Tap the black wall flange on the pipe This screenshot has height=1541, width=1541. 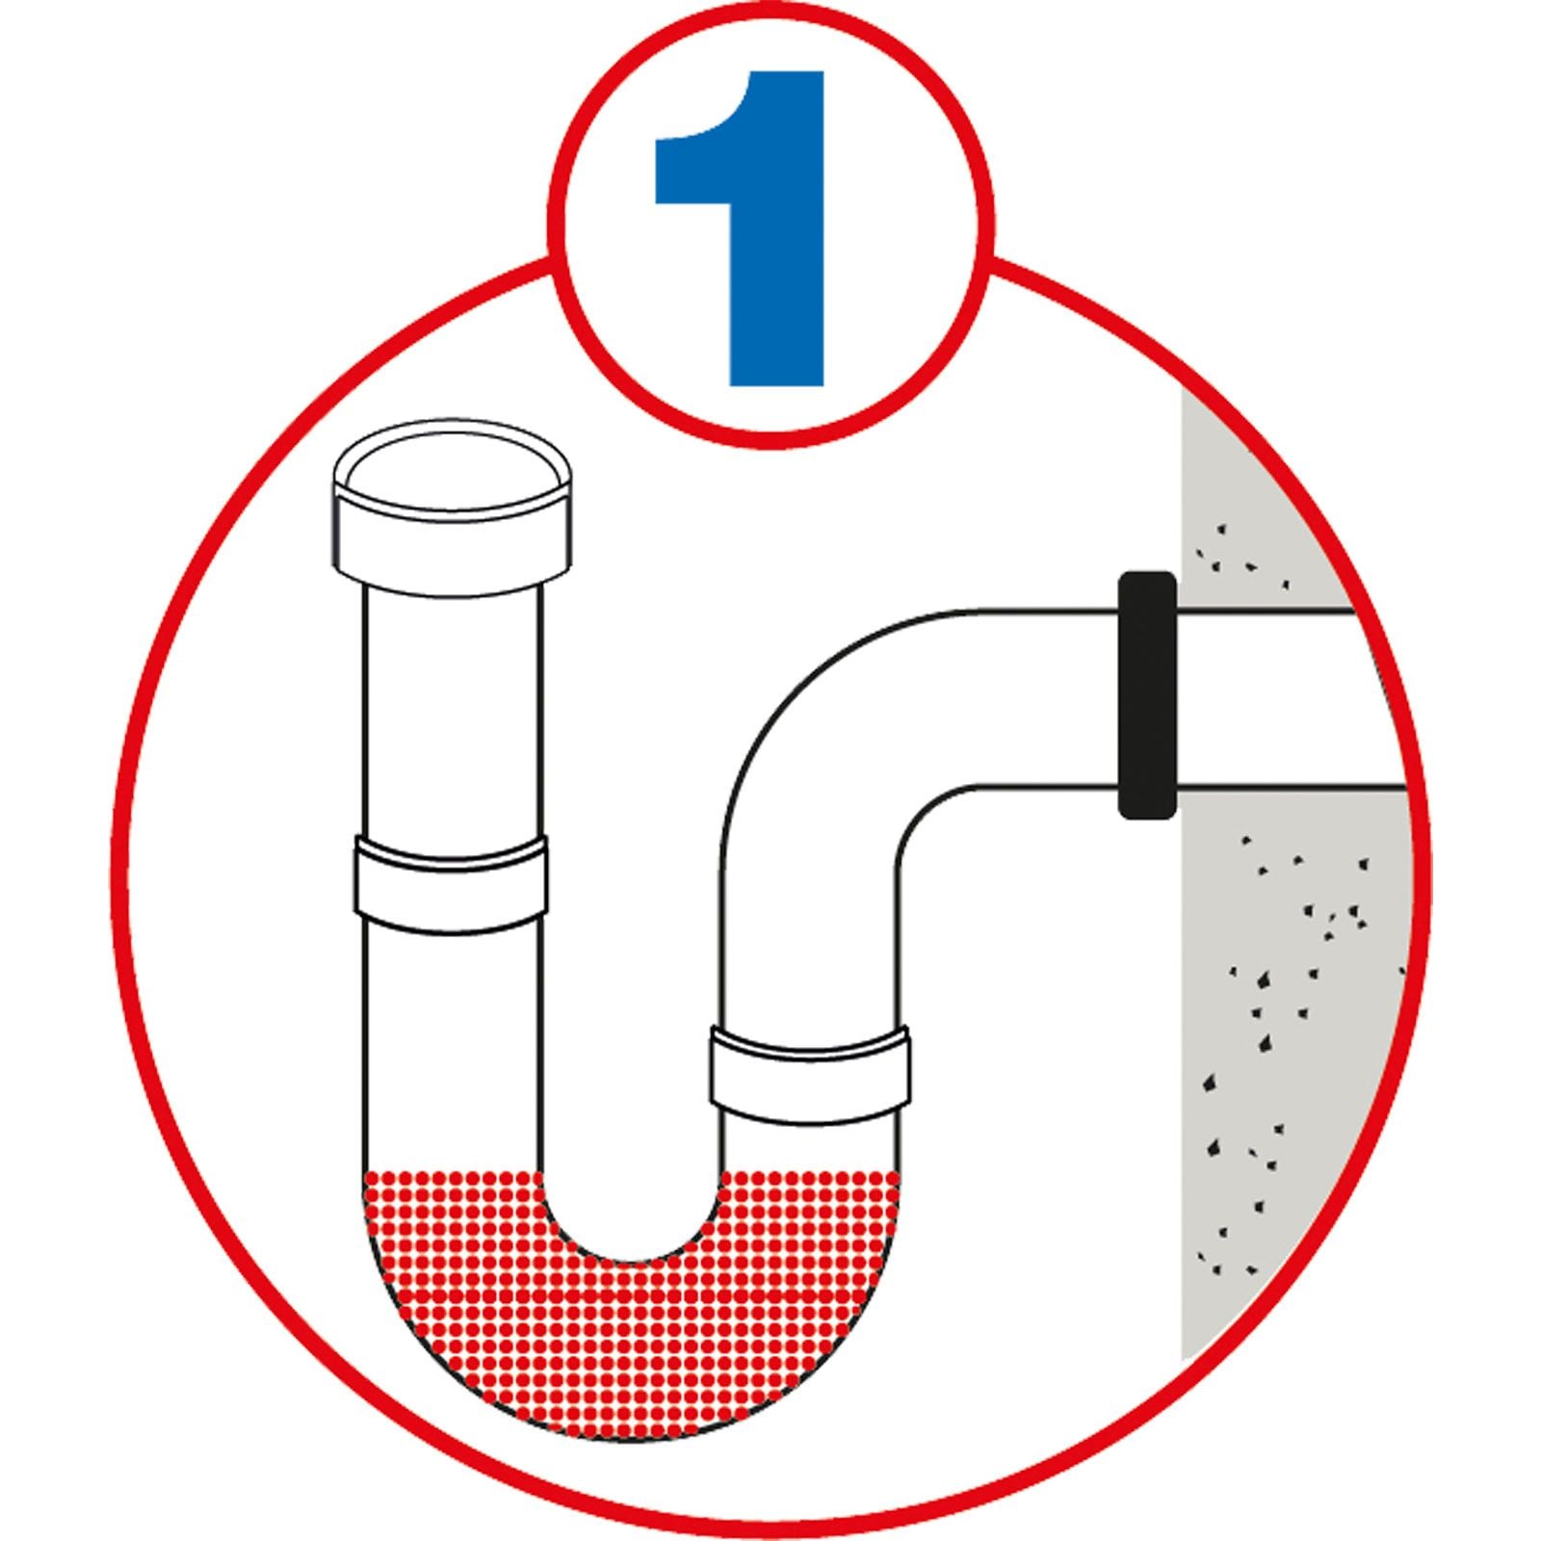[1146, 695]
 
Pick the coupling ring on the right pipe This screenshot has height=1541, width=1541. [811, 1076]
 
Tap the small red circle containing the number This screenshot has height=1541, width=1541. [770, 223]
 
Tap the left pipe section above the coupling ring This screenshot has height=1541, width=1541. [453, 713]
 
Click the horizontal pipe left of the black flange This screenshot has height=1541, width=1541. [1050, 698]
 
